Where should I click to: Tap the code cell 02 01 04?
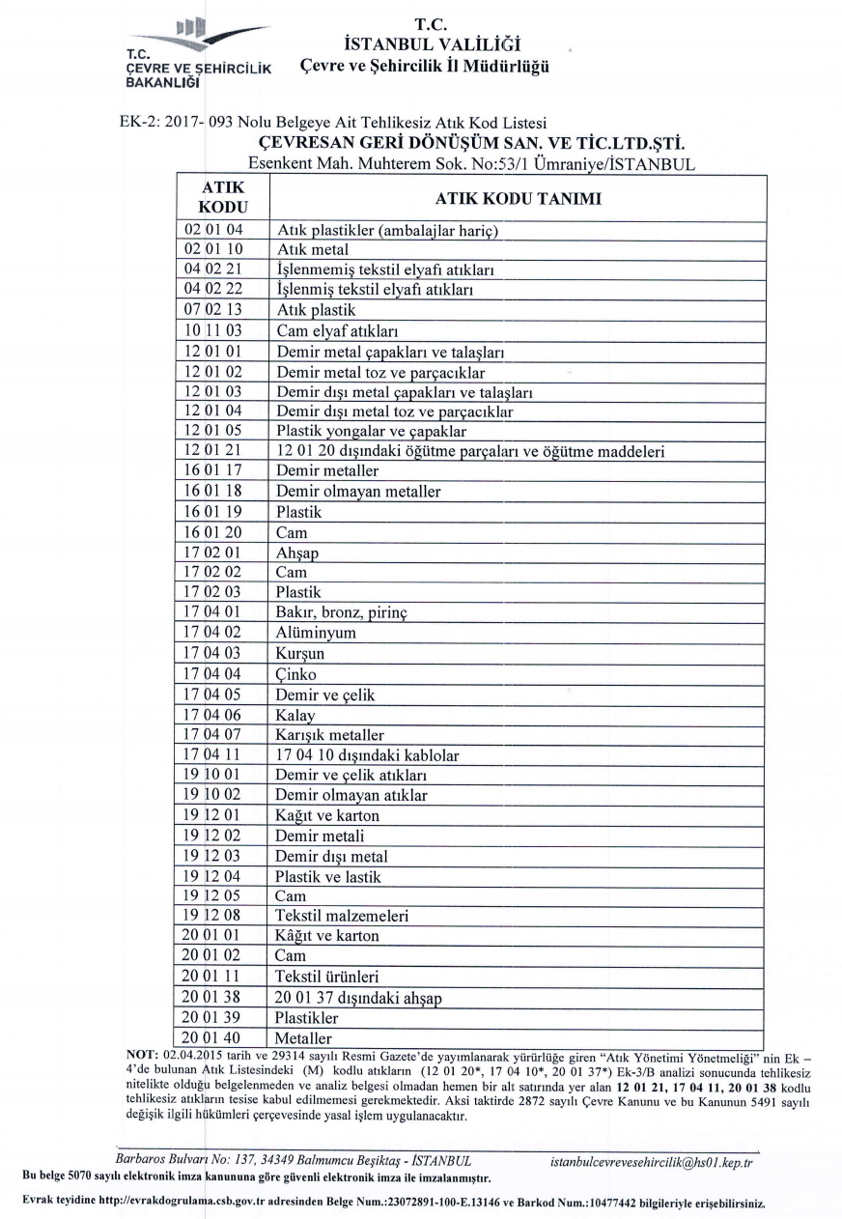[213, 231]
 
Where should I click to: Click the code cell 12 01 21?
[213, 452]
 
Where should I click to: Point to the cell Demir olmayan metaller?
[358, 492]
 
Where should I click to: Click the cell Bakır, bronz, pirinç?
[343, 613]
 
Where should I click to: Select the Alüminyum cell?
[316, 634]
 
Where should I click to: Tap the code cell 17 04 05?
[213, 695]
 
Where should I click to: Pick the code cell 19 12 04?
[213, 876]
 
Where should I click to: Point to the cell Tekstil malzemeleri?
[342, 916]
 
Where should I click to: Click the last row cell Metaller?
[303, 1038]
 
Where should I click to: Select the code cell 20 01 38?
[213, 998]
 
